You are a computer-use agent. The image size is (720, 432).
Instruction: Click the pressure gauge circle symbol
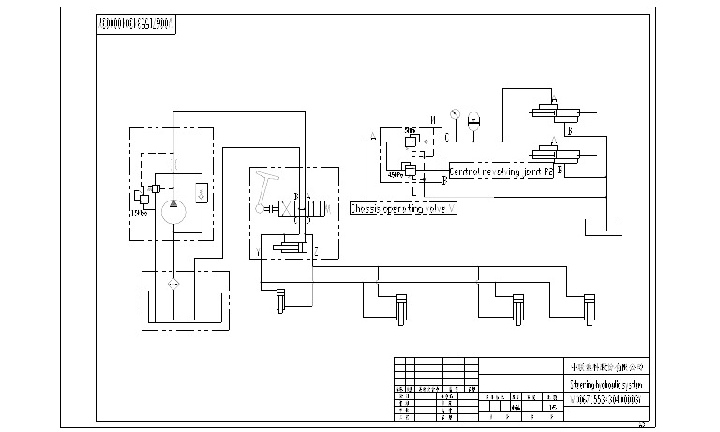coord(453,115)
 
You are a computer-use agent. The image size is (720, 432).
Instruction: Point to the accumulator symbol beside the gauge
coord(473,119)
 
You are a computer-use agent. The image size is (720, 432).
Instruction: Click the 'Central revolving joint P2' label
coord(501,172)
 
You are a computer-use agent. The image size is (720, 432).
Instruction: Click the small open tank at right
coord(602,228)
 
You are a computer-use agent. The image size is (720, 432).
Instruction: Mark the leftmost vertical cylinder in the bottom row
coord(279,303)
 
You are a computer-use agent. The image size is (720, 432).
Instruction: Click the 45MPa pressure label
coord(394,173)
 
